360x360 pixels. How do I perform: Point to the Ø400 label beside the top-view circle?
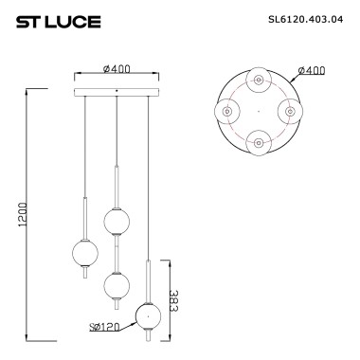click(312, 71)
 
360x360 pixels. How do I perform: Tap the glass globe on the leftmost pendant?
click(85, 253)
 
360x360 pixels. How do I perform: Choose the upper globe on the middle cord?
click(117, 221)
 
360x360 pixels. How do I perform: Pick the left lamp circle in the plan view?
click(227, 112)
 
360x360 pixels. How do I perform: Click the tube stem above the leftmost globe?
click(85, 219)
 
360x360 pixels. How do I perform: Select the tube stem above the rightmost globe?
click(148, 280)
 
